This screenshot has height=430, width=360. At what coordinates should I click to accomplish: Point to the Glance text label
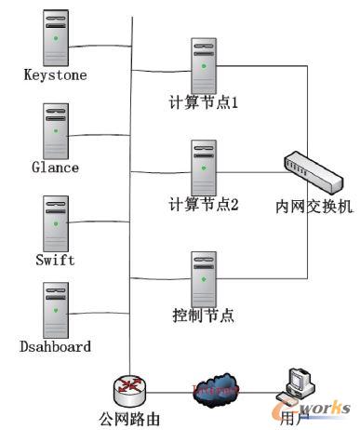(56, 168)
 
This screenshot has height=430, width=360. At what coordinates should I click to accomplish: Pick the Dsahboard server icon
(56, 308)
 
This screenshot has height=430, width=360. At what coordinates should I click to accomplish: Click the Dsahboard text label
(56, 347)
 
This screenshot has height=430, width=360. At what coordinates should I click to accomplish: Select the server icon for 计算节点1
(204, 65)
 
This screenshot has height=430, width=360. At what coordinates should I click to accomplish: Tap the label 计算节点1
(205, 104)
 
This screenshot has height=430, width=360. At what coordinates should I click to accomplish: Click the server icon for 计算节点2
(204, 167)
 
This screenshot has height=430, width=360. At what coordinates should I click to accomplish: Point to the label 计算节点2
(205, 206)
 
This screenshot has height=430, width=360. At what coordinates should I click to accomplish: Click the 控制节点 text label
(204, 315)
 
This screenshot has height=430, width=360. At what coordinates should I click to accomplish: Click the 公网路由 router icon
(129, 388)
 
